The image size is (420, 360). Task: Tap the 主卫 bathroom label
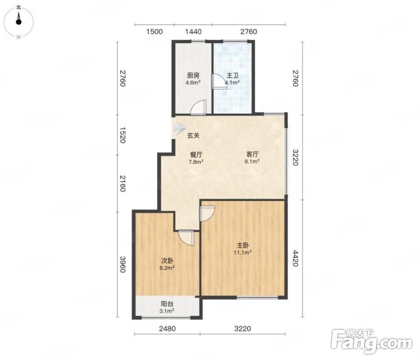(x=232, y=76)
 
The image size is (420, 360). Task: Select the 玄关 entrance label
(x=193, y=135)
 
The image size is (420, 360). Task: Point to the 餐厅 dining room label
(x=196, y=155)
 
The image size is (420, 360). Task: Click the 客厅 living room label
(x=252, y=154)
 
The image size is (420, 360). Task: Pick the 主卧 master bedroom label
(x=243, y=245)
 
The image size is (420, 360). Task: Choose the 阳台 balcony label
(x=167, y=304)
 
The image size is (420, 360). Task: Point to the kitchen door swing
(x=199, y=108)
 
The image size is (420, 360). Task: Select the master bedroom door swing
(x=207, y=213)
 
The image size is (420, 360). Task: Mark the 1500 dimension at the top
(x=155, y=31)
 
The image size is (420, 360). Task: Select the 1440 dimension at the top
(x=193, y=31)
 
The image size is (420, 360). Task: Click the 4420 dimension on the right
(x=295, y=258)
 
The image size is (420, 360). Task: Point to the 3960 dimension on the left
(x=122, y=265)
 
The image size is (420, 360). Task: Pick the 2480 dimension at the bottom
(x=167, y=328)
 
